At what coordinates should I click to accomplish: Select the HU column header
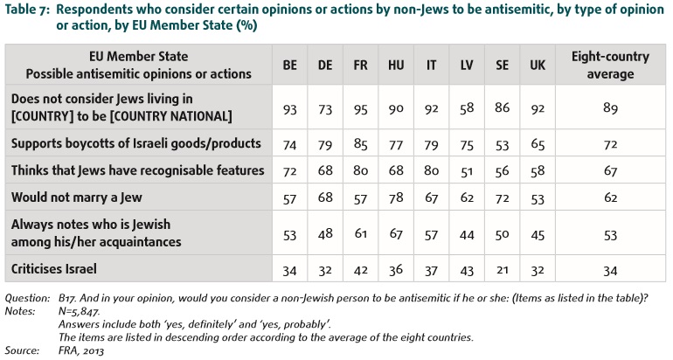tap(395, 66)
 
